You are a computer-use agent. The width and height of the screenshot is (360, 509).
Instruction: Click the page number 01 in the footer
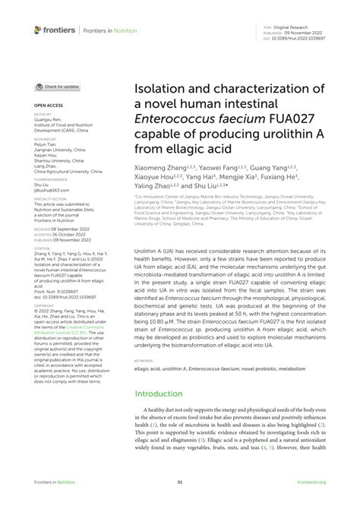tap(180, 482)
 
